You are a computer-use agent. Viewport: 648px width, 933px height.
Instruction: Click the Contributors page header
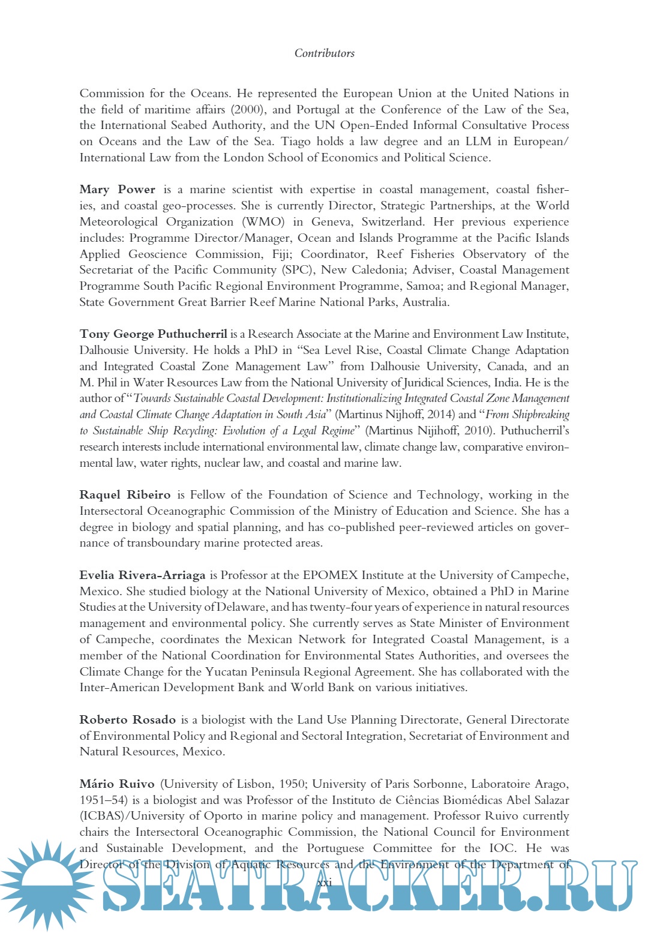coord(324,53)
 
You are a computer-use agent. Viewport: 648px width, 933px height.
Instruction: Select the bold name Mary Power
coord(117,190)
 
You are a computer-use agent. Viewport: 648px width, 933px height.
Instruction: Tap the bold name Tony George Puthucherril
coord(153,334)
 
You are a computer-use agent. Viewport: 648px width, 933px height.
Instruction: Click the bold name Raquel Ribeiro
coord(125,495)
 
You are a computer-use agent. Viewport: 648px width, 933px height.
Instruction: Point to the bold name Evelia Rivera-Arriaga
coord(142,575)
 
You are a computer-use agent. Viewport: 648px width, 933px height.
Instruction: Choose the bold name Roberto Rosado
coord(127,720)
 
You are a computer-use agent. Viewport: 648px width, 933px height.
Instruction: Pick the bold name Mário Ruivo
coord(116,784)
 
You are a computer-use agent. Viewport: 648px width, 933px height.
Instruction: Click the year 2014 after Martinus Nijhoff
coord(440,415)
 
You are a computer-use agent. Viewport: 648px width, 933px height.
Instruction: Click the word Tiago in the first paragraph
coord(295,142)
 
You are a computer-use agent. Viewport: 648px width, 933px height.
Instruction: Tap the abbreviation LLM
coord(478,142)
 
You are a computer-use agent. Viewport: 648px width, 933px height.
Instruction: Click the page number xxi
coord(324,883)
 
